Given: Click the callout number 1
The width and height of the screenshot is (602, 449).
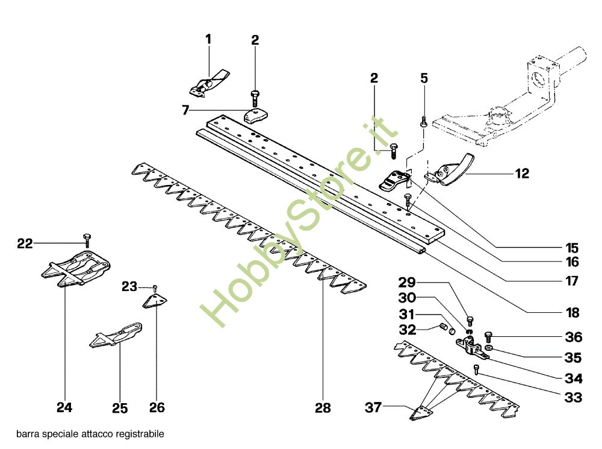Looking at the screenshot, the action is click(x=208, y=39).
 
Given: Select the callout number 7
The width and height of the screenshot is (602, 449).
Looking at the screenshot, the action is click(x=186, y=110).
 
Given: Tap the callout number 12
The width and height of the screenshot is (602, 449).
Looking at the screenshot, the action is click(x=522, y=174).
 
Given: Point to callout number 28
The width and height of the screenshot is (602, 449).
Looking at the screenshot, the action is click(x=323, y=407).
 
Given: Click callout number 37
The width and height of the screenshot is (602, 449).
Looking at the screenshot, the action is click(x=373, y=407).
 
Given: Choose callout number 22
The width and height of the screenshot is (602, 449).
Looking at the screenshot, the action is click(x=25, y=243).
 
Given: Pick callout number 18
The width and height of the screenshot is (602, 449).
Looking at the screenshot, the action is click(x=573, y=313).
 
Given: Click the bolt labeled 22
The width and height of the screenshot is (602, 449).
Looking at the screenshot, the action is click(x=87, y=239).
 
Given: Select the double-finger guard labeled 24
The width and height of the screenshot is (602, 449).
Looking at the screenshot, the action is click(x=76, y=268).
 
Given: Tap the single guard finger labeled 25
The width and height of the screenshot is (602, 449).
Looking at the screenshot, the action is click(x=116, y=335).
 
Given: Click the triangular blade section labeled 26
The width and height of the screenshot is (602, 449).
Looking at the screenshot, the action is click(x=155, y=301).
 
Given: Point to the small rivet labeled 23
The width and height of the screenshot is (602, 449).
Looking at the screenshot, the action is click(x=155, y=288).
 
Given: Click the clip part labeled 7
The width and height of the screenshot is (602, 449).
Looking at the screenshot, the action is click(x=256, y=116).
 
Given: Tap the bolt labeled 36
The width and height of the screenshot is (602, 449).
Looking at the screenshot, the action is click(x=489, y=337).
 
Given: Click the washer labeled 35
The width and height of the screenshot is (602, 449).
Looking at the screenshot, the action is click(x=489, y=348).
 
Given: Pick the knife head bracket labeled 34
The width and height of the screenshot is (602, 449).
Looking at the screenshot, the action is click(x=472, y=347).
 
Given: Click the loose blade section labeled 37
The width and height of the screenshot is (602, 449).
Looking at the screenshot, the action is click(x=421, y=413).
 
